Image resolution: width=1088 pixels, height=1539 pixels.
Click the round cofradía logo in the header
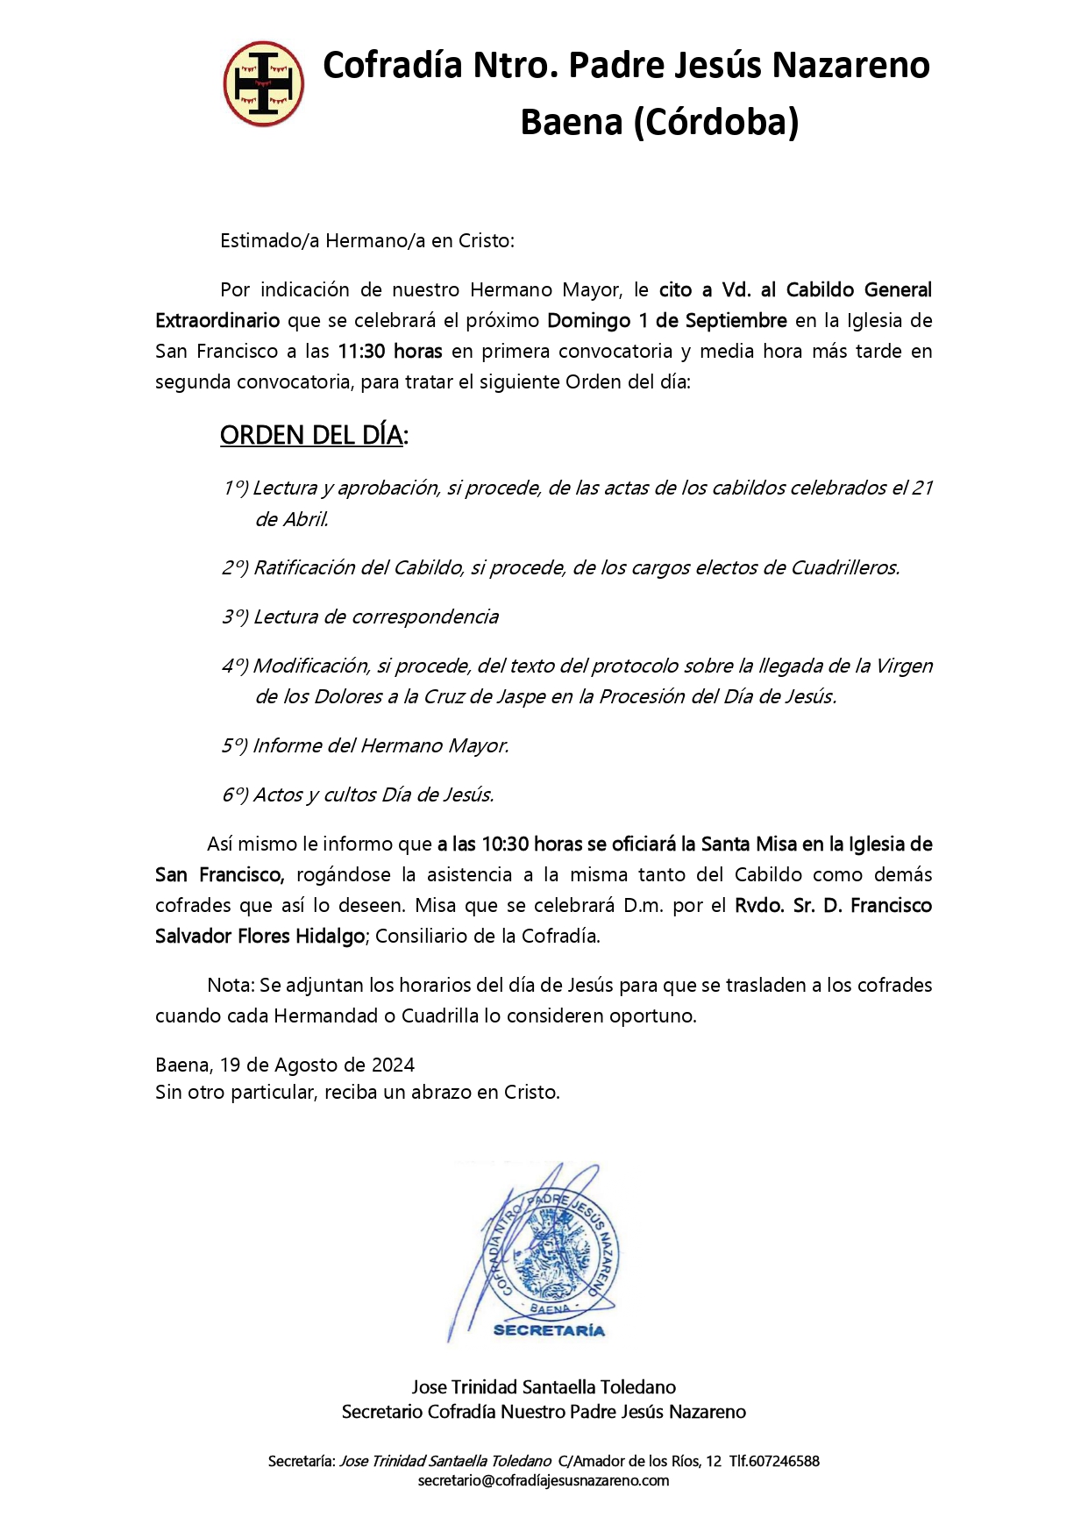pyautogui.click(x=264, y=84)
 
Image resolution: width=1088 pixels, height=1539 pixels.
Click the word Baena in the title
pyautogui.click(x=571, y=122)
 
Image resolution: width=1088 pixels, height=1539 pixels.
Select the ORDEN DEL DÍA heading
pyautogui.click(x=311, y=435)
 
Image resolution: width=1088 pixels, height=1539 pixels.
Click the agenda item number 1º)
pyautogui.click(x=235, y=488)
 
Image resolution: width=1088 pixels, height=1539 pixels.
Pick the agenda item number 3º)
pyautogui.click(x=235, y=617)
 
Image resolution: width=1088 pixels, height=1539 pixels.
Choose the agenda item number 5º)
pyautogui.click(x=235, y=746)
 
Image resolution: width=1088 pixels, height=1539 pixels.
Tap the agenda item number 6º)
pyautogui.click(x=235, y=795)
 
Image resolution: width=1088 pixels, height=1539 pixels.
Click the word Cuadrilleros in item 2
pyautogui.click(x=845, y=568)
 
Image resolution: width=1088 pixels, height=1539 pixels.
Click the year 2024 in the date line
pyautogui.click(x=393, y=1065)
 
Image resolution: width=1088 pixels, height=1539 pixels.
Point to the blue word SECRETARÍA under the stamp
pyautogui.click(x=549, y=1330)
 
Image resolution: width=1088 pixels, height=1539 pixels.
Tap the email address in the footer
pyautogui.click(x=544, y=1481)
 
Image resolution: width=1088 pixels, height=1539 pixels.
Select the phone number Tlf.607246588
pyautogui.click(x=774, y=1461)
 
